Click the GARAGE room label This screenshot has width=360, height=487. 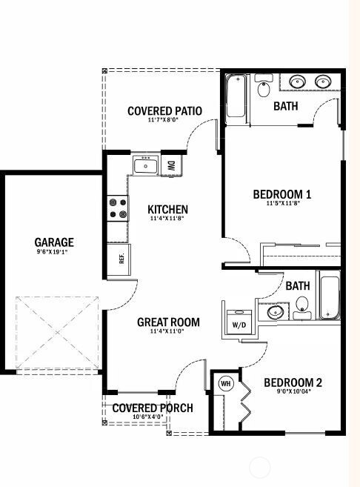[x=54, y=242]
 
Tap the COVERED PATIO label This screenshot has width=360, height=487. [x=164, y=111]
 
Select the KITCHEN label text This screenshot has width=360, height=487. [x=167, y=210]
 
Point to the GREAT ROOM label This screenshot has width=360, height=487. [x=168, y=322]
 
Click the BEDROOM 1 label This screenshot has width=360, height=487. [x=282, y=194]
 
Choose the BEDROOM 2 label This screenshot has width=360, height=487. [x=293, y=382]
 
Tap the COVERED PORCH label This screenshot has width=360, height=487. [x=153, y=408]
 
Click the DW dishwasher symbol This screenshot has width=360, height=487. [x=170, y=165]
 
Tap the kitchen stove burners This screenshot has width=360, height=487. [x=117, y=208]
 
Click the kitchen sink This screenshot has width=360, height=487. [x=145, y=165]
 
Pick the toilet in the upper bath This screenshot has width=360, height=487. [x=263, y=90]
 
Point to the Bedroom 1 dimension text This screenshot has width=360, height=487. [x=282, y=204]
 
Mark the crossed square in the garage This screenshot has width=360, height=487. [x=58, y=331]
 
